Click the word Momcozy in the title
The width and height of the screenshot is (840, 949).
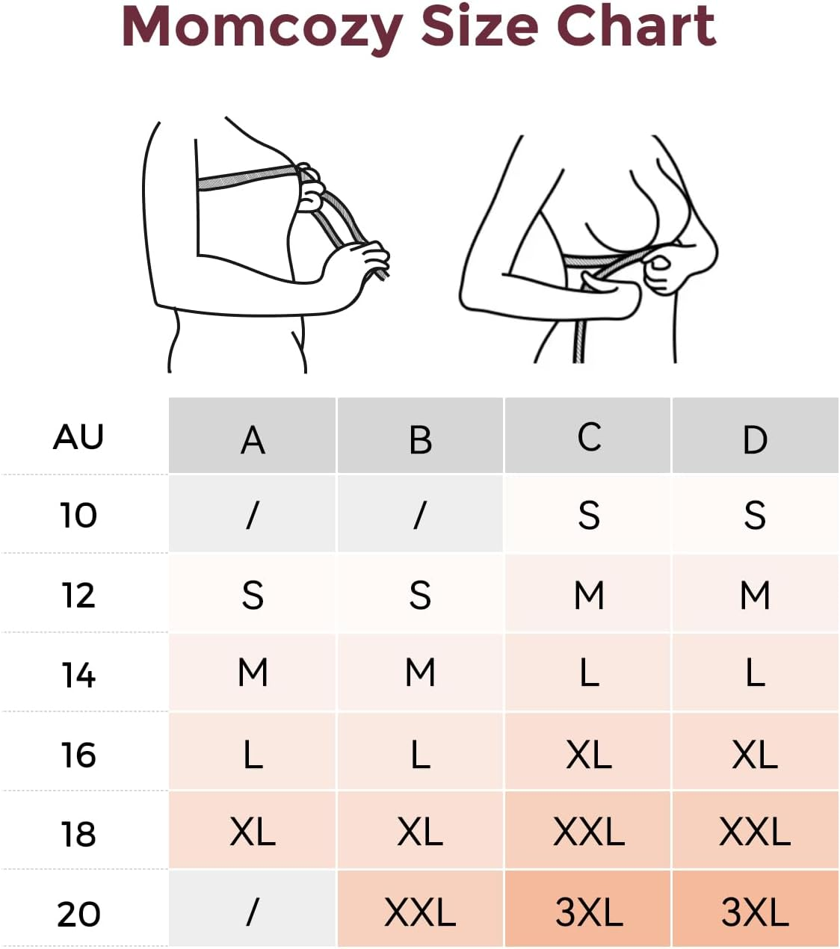[x=262, y=28]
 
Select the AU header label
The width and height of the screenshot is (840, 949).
[x=78, y=437]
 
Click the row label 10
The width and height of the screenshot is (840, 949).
[x=78, y=516]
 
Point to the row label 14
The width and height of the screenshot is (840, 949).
[x=78, y=675]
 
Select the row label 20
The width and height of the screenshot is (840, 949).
[x=78, y=913]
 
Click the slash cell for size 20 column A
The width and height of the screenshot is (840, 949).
[x=253, y=911]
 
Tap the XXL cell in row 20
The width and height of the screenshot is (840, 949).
[x=420, y=912]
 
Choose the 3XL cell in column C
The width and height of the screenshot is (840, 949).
[x=589, y=912]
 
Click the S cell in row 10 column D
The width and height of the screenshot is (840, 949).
[x=755, y=516]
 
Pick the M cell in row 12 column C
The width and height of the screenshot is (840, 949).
[x=589, y=596]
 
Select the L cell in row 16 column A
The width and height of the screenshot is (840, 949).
[x=253, y=754]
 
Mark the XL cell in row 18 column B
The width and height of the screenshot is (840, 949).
[x=420, y=832]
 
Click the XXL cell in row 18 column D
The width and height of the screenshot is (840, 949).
[x=755, y=832]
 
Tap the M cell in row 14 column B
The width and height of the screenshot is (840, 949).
[x=420, y=673]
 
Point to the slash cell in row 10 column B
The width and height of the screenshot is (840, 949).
[x=420, y=515]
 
